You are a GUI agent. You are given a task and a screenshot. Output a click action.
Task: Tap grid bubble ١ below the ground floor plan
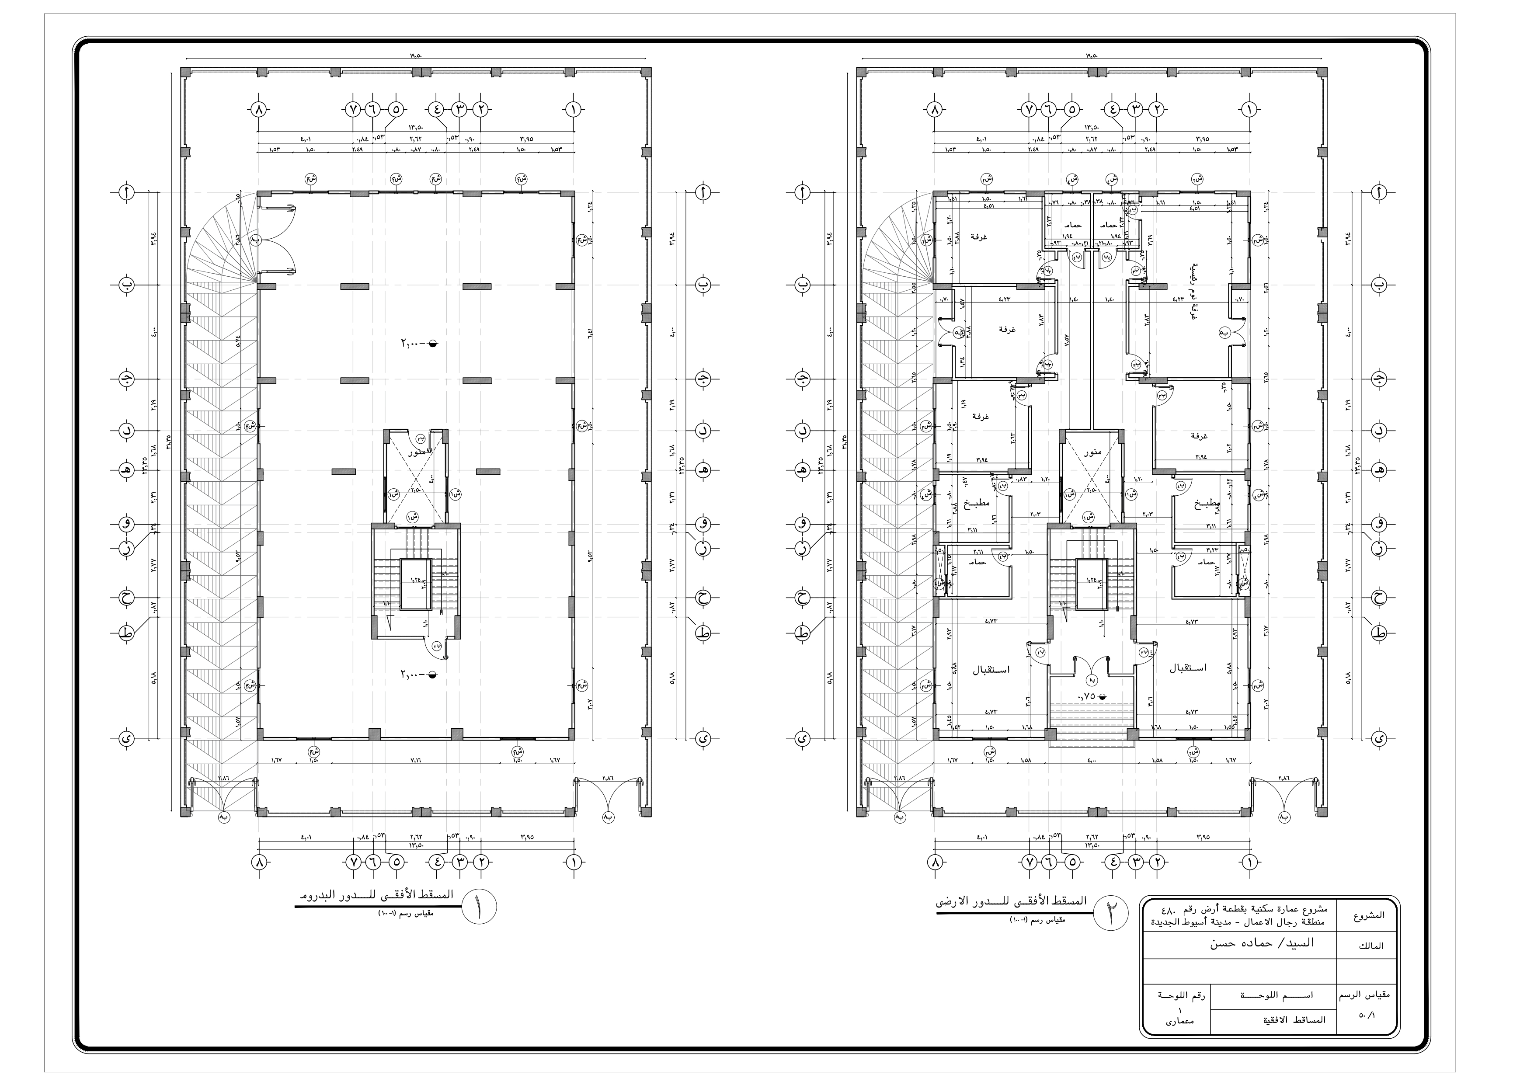pos(1247,862)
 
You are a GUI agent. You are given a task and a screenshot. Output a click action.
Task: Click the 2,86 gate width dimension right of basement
pos(609,778)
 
